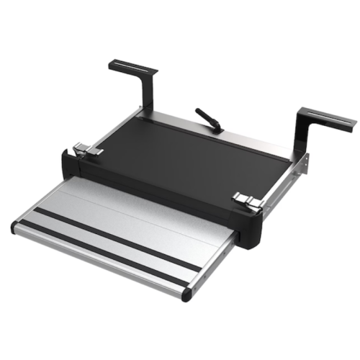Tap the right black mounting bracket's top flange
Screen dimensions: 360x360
tap(328, 119)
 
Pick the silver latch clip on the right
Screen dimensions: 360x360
tap(247, 201)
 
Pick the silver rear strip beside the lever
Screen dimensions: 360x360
tap(238, 137)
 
